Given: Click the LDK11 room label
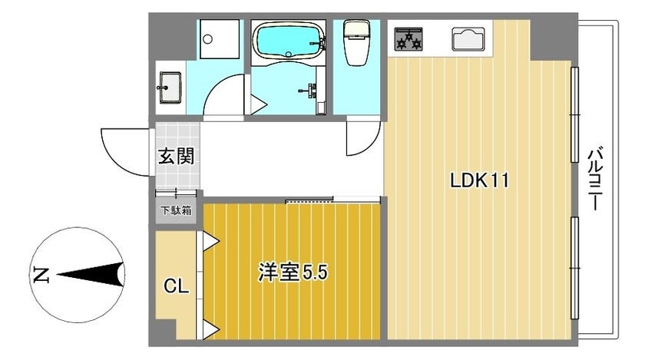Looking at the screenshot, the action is click(480, 180).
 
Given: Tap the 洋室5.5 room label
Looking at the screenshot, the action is click(293, 272).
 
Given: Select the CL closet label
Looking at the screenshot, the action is click(176, 286).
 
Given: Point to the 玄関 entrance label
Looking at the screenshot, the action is click(176, 156).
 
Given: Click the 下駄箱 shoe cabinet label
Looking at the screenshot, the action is click(176, 210).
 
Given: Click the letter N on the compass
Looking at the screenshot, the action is click(41, 275).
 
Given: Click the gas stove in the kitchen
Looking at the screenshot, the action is click(408, 39).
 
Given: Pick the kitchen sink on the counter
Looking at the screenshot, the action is click(468, 39).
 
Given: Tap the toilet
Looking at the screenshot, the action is click(357, 43).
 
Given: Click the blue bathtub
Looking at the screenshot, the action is click(289, 41).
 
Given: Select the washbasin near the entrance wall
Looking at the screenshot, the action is click(170, 88).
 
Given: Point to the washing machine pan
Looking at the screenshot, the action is click(220, 39).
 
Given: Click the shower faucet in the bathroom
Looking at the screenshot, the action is click(309, 89).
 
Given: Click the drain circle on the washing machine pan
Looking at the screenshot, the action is click(208, 39).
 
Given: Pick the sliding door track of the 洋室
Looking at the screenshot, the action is click(309, 201).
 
